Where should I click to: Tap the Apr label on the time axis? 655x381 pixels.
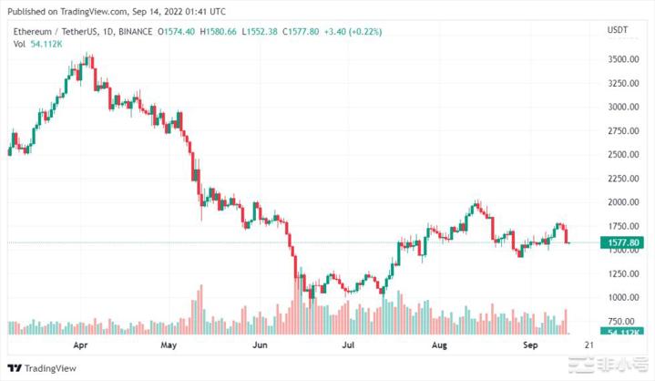pyautogui.click(x=79, y=346)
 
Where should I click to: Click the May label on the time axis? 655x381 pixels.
pyautogui.click(x=169, y=346)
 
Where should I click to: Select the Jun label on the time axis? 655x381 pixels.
pyautogui.click(x=260, y=346)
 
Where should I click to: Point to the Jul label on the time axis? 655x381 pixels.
pyautogui.click(x=348, y=346)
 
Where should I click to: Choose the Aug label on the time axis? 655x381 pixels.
pyautogui.click(x=440, y=346)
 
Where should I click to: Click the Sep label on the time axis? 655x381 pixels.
pyautogui.click(x=532, y=346)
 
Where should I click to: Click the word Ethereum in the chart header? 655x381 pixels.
pyautogui.click(x=30, y=32)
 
